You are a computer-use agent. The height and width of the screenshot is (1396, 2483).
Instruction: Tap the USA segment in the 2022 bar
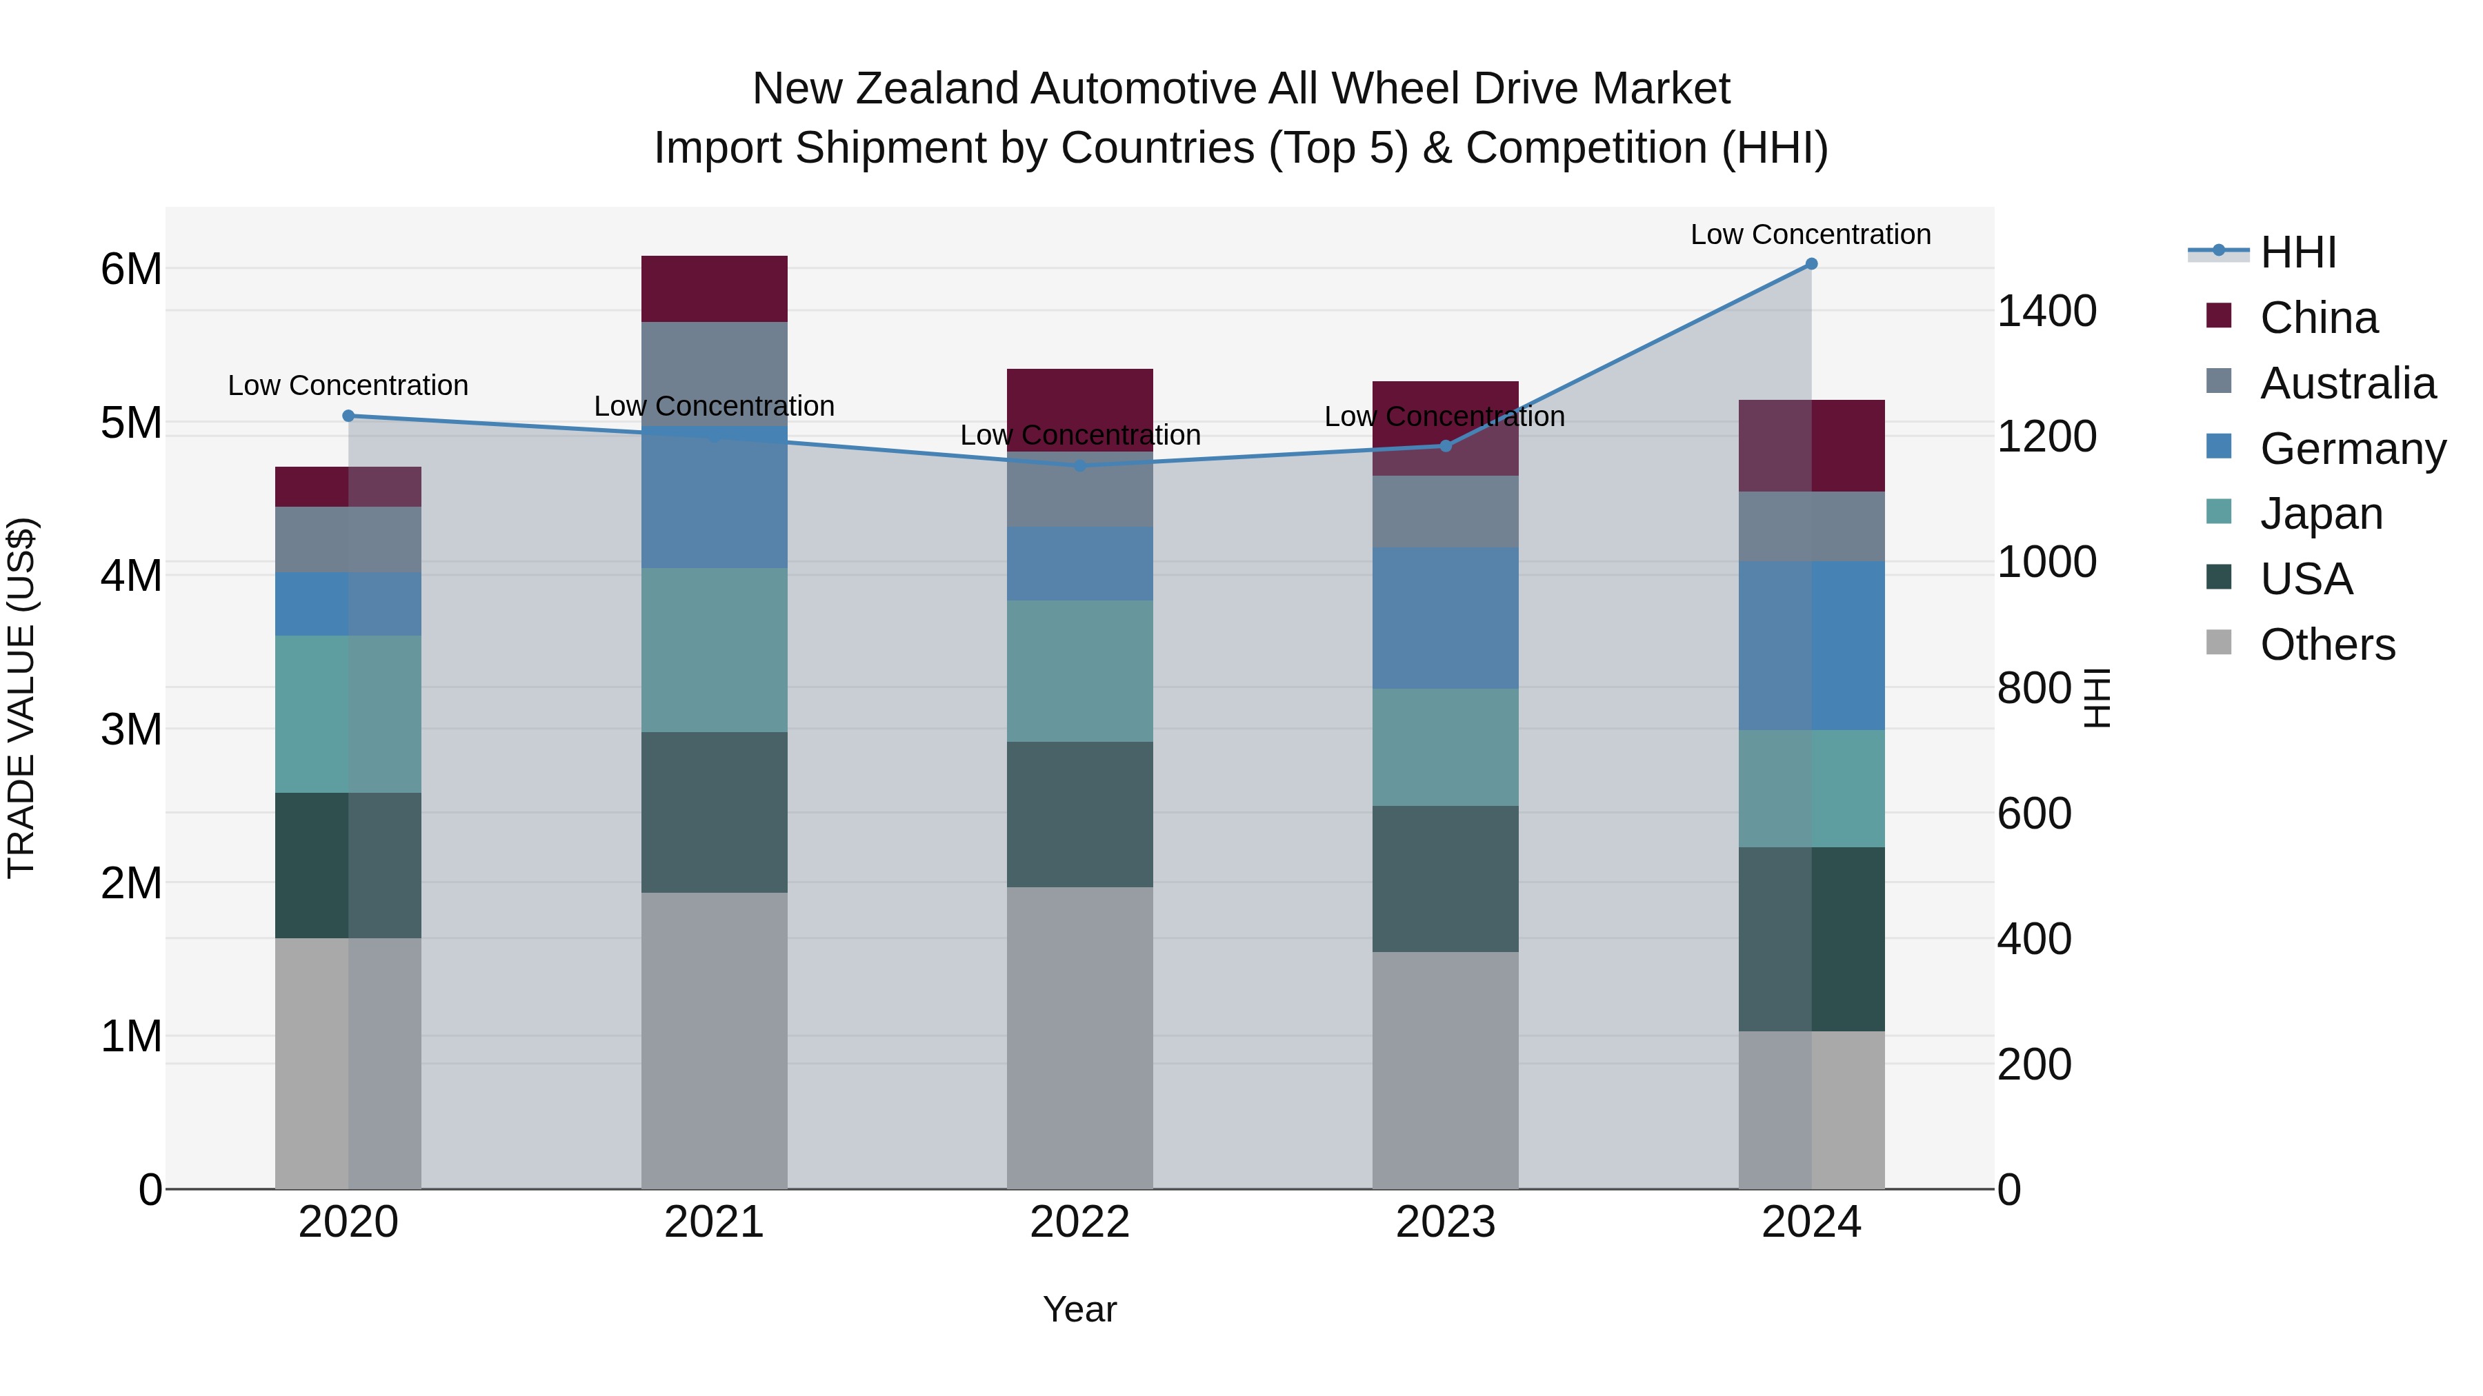[x=1079, y=814]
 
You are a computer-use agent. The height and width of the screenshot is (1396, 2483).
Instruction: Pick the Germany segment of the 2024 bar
[x=1811, y=645]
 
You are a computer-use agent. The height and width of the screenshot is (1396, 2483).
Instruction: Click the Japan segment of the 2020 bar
[x=348, y=714]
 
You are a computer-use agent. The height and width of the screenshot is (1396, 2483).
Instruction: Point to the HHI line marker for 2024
[x=1811, y=264]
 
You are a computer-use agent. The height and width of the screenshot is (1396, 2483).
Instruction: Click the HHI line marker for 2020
[x=348, y=416]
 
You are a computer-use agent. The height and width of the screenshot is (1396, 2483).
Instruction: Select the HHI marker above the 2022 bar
[x=1079, y=465]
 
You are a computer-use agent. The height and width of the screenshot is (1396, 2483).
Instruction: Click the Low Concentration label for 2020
[x=348, y=385]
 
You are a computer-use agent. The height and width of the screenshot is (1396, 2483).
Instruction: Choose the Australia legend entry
[x=2346, y=383]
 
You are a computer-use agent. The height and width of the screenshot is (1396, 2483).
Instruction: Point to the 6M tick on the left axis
[x=131, y=269]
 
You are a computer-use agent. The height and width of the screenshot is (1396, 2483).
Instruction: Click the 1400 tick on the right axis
[x=2046, y=311]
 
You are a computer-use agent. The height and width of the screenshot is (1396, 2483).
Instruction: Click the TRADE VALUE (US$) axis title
[x=21, y=698]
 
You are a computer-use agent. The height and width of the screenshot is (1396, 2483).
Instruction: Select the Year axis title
[x=1079, y=1309]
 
